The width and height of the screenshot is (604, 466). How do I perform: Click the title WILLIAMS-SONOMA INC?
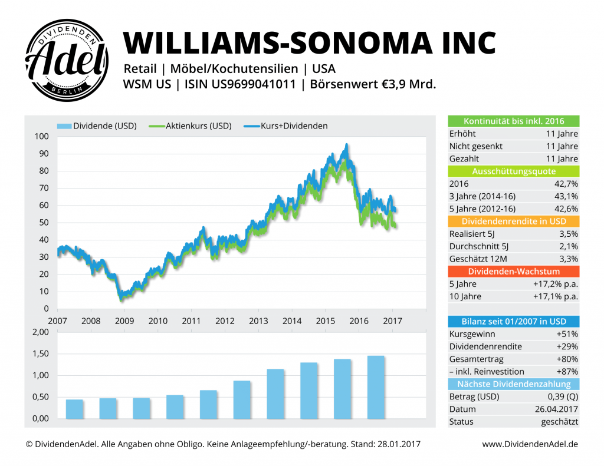click(309, 42)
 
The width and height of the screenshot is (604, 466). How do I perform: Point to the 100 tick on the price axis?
click(41, 136)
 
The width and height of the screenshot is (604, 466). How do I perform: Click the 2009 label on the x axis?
click(124, 321)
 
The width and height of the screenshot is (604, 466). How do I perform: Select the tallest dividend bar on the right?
click(376, 387)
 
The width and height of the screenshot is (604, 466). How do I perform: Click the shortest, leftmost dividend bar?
click(74, 409)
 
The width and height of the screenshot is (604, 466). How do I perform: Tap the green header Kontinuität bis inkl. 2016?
click(514, 121)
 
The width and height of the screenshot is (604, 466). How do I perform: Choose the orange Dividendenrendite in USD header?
click(514, 221)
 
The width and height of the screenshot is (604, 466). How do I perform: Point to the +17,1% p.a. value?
click(555, 296)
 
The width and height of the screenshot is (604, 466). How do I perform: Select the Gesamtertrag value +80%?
click(567, 359)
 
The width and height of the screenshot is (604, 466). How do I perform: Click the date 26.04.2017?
click(557, 409)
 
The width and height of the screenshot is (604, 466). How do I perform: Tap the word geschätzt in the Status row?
click(559, 421)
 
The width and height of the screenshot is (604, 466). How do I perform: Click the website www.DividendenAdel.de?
click(530, 444)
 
